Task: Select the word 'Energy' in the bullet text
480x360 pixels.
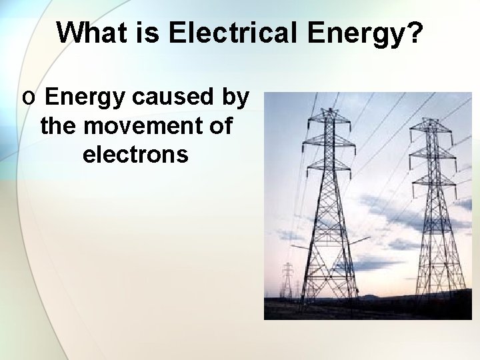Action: pos(85,97)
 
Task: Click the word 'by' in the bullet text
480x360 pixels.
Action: pos(235,97)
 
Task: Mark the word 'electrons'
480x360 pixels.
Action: pos(135,154)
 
